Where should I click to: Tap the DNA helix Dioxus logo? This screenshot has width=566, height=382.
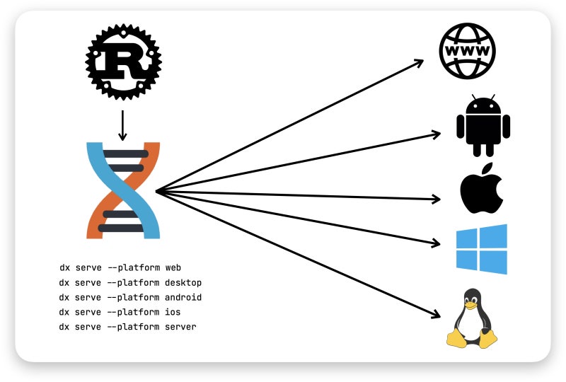coord(123,190)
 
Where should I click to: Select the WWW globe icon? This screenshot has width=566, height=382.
coord(467,50)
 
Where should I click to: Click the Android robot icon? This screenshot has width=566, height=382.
coord(483,127)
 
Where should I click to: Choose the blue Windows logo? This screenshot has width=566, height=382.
coord(482,248)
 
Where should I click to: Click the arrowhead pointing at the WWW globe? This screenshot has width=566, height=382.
coord(419,62)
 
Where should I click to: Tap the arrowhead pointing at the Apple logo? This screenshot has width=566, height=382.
coord(437,199)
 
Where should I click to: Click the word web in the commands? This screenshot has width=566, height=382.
coord(173,269)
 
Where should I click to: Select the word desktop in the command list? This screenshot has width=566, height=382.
coord(183,283)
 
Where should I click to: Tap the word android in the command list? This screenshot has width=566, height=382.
coord(183,297)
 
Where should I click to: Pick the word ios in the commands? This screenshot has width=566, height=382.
coord(173,312)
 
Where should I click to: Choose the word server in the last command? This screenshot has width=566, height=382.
coord(180,326)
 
